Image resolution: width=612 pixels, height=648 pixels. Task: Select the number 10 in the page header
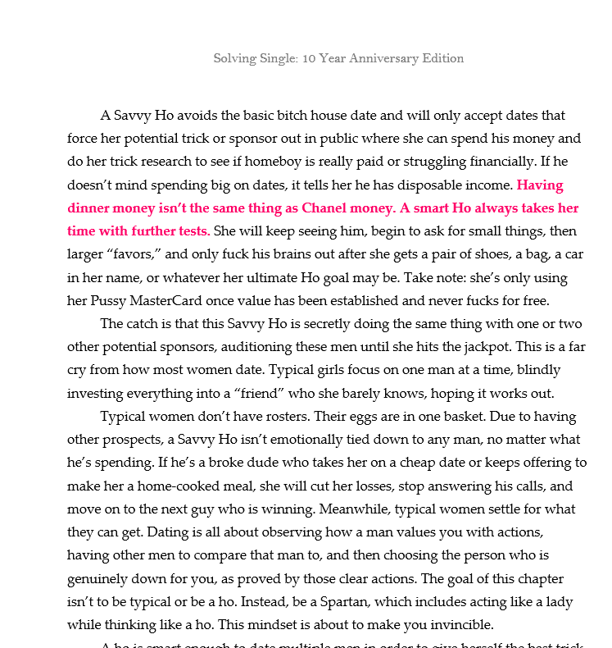tap(309, 58)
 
